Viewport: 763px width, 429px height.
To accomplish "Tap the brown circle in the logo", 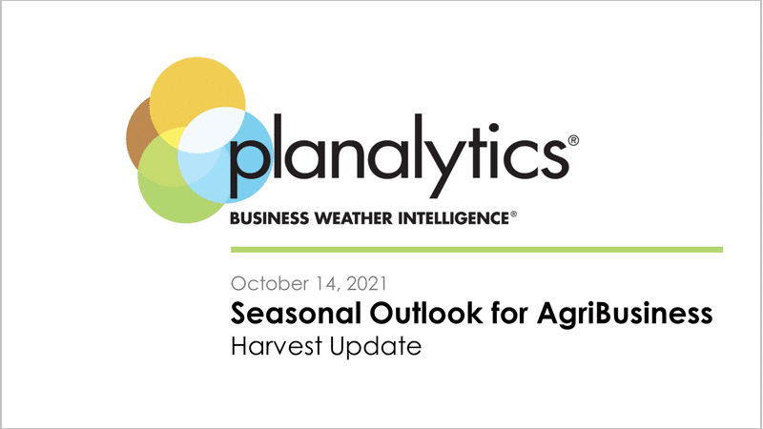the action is click(x=138, y=136).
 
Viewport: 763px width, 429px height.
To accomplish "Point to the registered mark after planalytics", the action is click(x=573, y=140).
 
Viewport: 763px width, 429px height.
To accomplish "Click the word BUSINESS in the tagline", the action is click(x=269, y=218).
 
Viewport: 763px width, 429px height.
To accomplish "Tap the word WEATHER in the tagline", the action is click(x=353, y=218).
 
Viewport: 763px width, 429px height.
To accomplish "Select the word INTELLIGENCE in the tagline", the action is click(x=454, y=218).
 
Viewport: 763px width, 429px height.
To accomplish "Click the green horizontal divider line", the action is click(x=477, y=250).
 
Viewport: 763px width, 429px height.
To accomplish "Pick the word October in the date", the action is click(x=270, y=283).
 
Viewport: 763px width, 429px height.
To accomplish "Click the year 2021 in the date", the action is click(x=366, y=283).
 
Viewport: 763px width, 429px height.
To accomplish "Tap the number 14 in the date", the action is click(x=327, y=284).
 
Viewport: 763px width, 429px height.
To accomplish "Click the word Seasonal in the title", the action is click(x=297, y=314).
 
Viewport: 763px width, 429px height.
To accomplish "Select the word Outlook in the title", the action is click(x=426, y=314).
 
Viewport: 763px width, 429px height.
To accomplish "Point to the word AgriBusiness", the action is click(x=625, y=315).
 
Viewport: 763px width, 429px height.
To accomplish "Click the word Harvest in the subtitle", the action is click(x=277, y=346).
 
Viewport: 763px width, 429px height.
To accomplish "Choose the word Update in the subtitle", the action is click(x=375, y=347).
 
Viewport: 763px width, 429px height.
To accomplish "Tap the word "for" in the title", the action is click(x=509, y=313).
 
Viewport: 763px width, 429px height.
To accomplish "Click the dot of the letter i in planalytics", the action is click(x=493, y=128).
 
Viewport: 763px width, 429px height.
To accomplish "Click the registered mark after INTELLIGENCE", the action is click(x=513, y=214).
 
